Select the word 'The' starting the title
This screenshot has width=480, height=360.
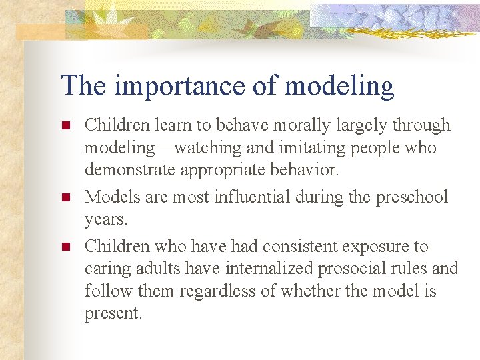(x=82, y=86)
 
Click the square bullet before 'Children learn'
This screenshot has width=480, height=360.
(x=65, y=125)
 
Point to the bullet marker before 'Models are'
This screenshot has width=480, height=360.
(x=65, y=198)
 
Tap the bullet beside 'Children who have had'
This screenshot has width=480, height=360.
(x=65, y=247)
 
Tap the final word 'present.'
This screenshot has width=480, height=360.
(x=113, y=314)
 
